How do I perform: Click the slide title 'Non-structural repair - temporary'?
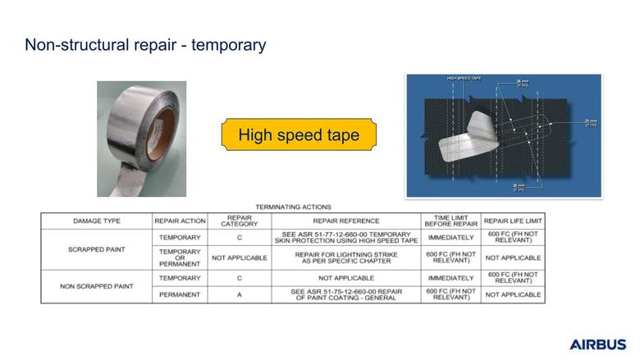[x=145, y=45]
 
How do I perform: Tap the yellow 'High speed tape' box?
[x=299, y=134]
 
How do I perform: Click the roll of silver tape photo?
[x=141, y=138]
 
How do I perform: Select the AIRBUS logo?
[x=597, y=344]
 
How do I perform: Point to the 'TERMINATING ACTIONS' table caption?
[x=293, y=207]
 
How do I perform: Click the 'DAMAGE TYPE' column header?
[x=97, y=221]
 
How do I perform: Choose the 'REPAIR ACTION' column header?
[x=180, y=221]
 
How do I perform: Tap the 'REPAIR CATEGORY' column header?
[x=239, y=221]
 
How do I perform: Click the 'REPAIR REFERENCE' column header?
[x=345, y=221]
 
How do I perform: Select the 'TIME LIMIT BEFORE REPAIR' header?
[x=450, y=221]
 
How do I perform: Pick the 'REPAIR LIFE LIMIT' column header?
[x=513, y=221]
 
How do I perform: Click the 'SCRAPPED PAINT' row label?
[x=97, y=249]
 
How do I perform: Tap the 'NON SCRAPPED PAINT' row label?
[x=97, y=286]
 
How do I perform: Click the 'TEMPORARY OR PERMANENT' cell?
[x=180, y=257]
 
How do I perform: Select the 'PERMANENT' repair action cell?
[x=180, y=294]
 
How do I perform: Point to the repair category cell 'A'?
[x=239, y=294]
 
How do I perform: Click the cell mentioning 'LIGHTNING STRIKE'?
[x=345, y=257]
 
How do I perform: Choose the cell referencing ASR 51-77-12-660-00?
[x=345, y=237]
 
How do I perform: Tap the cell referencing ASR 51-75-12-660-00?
[x=345, y=294]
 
